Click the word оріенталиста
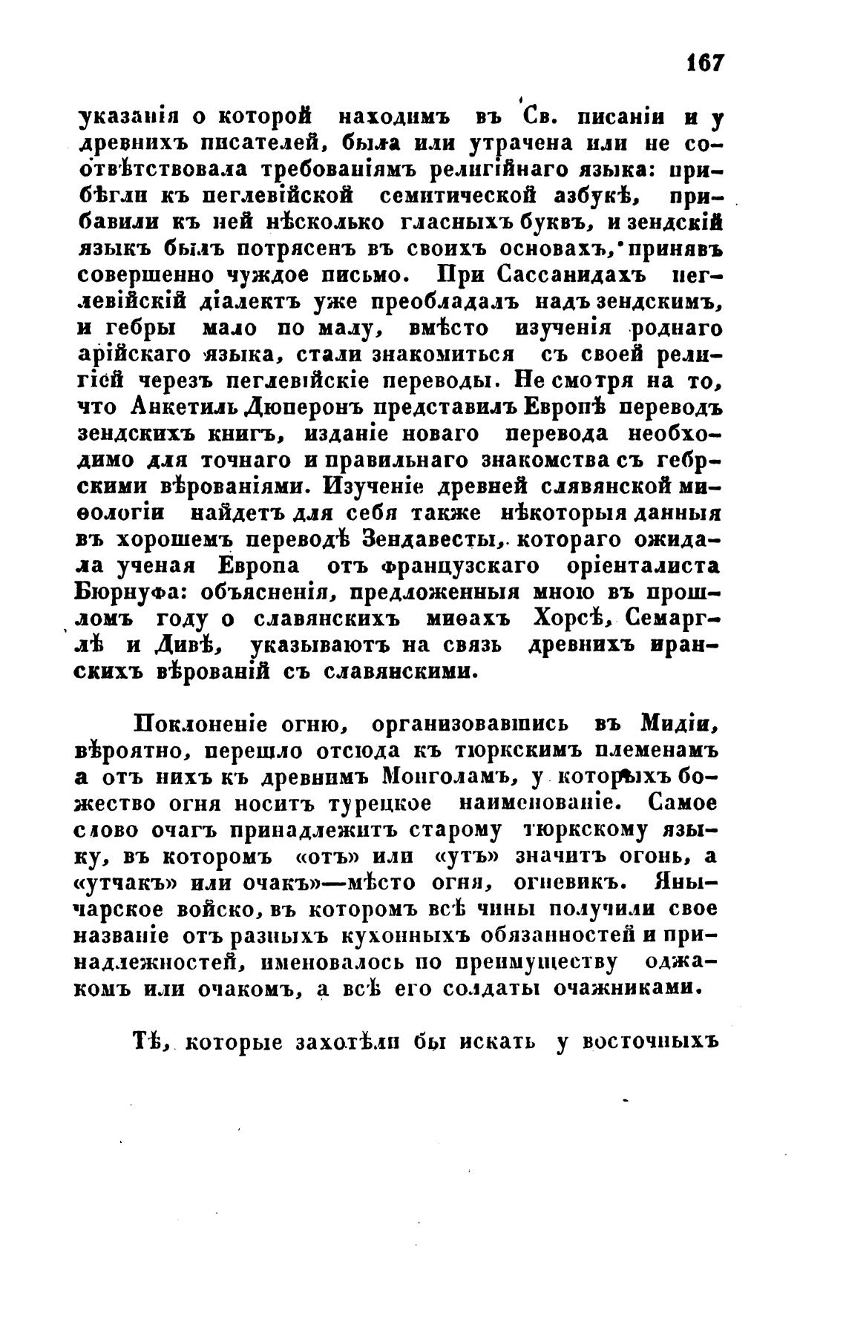[651, 567]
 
